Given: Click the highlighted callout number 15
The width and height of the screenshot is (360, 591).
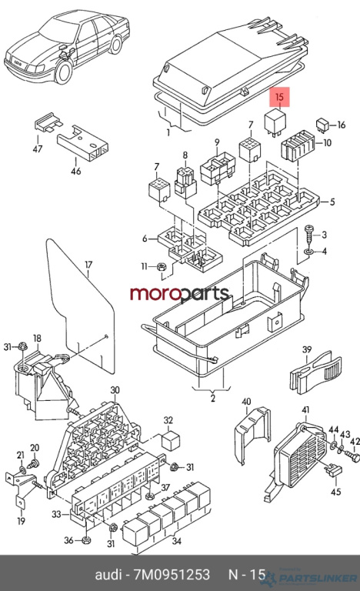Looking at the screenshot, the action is click(279, 97).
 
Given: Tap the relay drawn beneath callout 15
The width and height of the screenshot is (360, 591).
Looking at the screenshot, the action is click(276, 122).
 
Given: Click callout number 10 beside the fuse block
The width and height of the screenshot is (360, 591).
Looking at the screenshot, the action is click(327, 143).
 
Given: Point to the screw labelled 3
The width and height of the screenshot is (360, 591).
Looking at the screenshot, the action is click(308, 235).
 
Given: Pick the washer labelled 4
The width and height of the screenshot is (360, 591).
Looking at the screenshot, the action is click(308, 251).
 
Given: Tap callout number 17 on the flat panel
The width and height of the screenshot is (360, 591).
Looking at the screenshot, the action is click(88, 265).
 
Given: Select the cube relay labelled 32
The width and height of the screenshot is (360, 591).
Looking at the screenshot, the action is click(171, 441).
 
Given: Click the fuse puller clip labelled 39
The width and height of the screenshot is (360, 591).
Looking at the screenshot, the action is click(315, 373).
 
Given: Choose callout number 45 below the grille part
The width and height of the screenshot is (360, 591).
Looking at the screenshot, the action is click(335, 491).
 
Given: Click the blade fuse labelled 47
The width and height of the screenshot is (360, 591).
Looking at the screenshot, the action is click(48, 123).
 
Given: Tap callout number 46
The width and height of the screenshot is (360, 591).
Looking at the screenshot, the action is click(76, 171).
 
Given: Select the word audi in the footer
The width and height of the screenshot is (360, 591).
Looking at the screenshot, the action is click(108, 574).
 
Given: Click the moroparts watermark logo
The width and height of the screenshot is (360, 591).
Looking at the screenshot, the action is click(179, 294).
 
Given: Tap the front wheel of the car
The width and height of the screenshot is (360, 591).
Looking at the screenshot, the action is click(64, 73).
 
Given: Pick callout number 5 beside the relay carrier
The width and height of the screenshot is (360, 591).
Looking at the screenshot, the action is click(332, 202).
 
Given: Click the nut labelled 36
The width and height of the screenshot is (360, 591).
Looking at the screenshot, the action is click(86, 539).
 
